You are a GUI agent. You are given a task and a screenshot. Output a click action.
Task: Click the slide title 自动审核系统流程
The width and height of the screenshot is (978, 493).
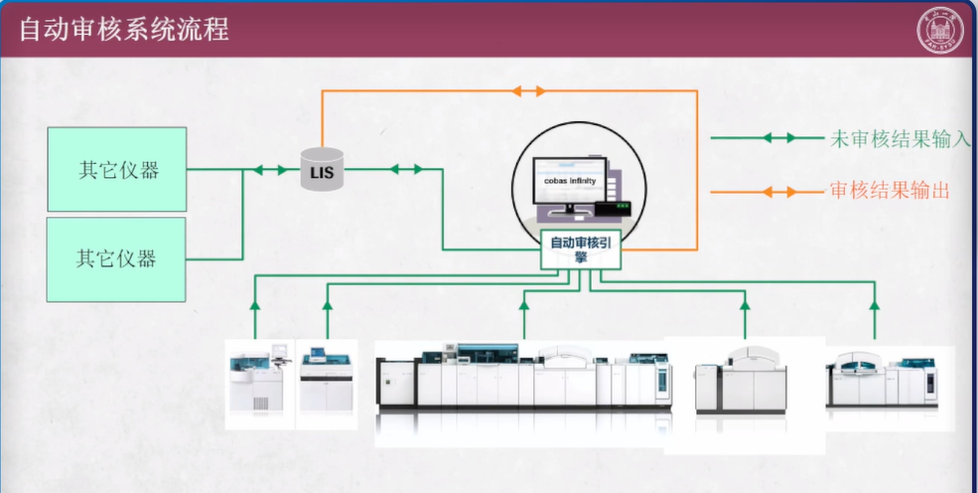125,29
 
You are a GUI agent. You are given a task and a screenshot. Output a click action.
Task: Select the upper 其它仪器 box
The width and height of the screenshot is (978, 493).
117,169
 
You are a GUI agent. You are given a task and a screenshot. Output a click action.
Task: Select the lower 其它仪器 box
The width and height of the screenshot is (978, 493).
117,258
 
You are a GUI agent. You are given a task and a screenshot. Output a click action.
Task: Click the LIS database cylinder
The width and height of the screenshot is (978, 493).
322,171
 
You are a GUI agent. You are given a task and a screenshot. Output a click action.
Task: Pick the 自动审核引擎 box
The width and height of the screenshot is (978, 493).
581,249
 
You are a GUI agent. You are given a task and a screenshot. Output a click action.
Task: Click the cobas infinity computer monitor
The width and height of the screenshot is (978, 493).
568,185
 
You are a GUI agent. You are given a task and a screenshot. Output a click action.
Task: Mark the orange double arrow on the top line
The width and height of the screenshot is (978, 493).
528,91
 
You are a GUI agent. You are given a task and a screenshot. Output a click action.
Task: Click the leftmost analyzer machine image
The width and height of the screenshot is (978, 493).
259,384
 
